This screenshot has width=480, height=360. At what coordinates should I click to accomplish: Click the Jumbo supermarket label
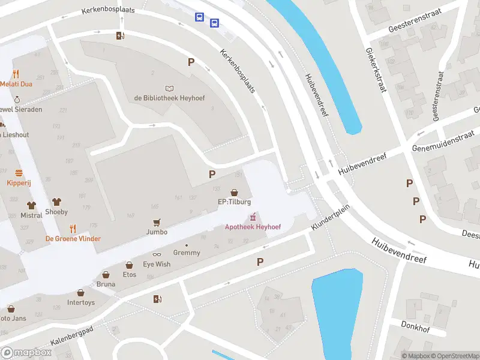click(x=157, y=232)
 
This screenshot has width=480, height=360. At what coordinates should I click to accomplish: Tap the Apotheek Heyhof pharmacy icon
click(x=253, y=217)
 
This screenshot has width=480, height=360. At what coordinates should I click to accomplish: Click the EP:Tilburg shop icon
click(x=233, y=192)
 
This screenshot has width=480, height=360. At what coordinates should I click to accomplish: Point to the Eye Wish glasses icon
click(x=157, y=254)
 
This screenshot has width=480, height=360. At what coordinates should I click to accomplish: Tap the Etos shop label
click(x=129, y=275)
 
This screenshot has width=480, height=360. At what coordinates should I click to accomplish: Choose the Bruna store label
click(x=106, y=284)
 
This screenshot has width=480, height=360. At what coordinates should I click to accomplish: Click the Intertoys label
click(x=81, y=302)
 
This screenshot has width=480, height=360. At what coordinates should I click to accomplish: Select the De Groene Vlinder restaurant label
click(x=73, y=238)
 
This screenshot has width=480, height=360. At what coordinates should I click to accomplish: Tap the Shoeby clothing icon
click(x=57, y=202)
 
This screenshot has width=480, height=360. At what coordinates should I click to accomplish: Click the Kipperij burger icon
click(x=19, y=172)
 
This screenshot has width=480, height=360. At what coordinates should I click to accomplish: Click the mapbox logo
click(x=26, y=352)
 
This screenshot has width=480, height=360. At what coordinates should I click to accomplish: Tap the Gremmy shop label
click(x=186, y=253)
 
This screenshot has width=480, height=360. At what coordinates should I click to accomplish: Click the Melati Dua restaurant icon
click(x=16, y=74)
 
